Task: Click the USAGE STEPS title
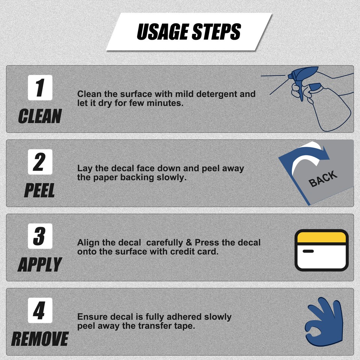coord(189,31)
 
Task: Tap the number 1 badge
coord(40,87)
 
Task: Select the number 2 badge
coord(40,162)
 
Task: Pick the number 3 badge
coord(40,236)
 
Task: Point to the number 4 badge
coord(40,310)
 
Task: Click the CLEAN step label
coord(40,116)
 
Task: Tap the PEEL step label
coord(39,190)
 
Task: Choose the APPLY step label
coord(40,264)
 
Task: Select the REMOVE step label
coord(40,339)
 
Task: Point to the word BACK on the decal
coord(323,179)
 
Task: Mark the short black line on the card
coord(308,251)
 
